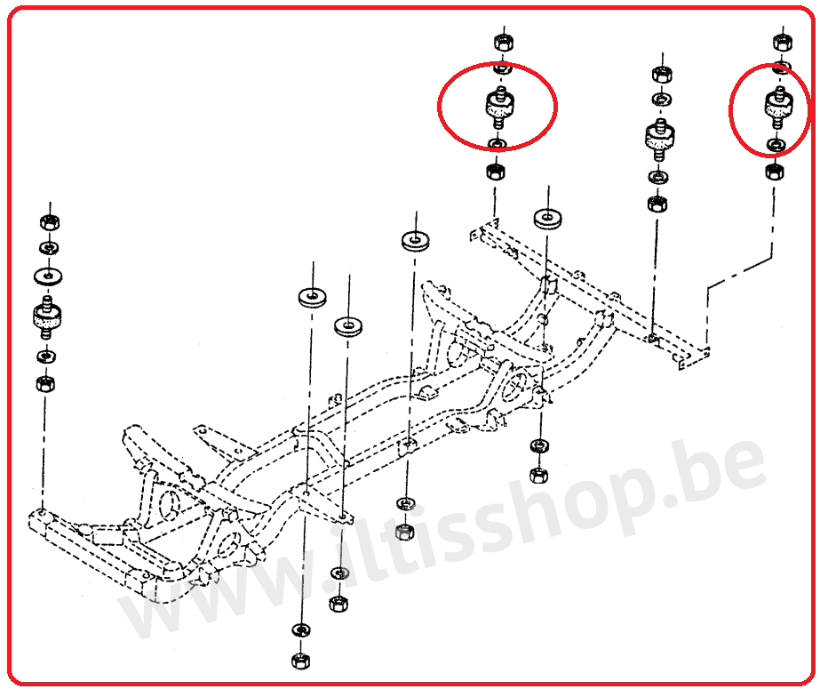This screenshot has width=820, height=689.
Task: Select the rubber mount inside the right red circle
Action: pos(778,107)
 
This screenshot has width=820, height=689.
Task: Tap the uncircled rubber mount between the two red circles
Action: pos(657,136)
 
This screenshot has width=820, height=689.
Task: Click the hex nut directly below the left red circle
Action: pos(496,172)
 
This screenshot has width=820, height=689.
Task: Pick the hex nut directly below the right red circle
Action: pos(775,171)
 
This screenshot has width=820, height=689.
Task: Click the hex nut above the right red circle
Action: pos(784,41)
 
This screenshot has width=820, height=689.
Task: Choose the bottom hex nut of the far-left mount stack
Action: pos(44,385)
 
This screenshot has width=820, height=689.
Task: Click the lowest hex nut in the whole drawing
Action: pos(299,661)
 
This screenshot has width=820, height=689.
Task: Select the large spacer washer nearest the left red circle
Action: pos(546,216)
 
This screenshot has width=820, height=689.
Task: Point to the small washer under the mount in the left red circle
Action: pos(497,143)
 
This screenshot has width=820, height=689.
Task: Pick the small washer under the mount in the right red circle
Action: pos(776,144)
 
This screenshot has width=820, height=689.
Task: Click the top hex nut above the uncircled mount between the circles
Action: pos(662,73)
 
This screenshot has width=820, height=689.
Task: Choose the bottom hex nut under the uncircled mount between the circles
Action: pos(657,204)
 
